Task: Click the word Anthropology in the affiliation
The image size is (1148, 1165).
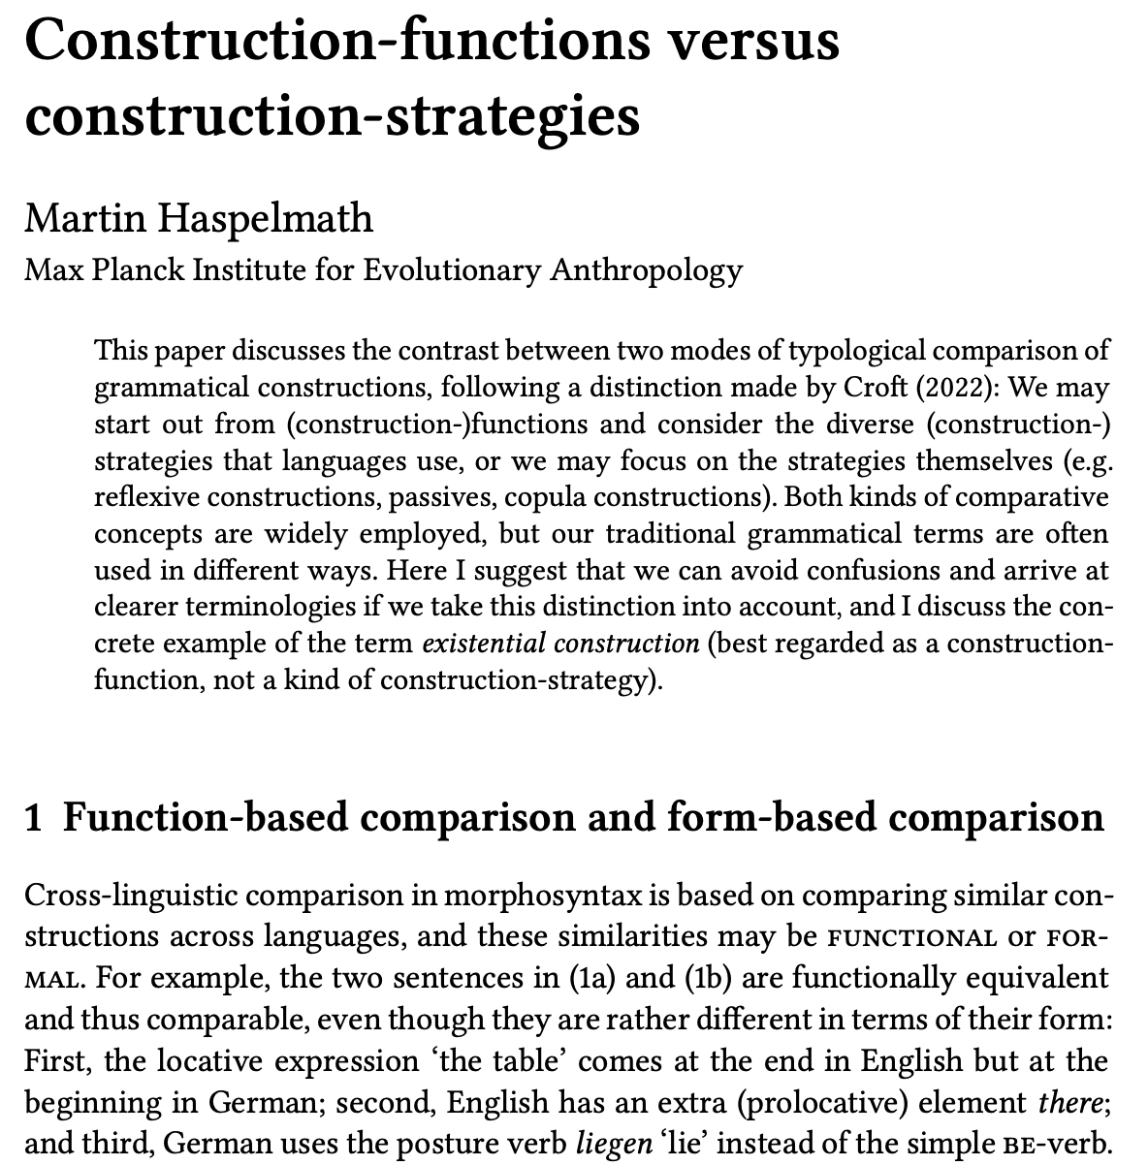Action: coord(646,268)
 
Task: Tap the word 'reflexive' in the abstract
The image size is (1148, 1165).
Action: coord(144,497)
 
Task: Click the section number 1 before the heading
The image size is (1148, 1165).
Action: coord(35,817)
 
